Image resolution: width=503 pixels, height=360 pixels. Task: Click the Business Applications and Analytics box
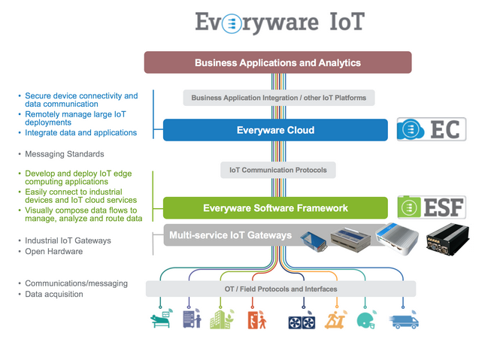277,62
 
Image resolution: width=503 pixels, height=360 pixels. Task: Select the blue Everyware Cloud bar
275,130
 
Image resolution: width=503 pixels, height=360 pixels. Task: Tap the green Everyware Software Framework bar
275,208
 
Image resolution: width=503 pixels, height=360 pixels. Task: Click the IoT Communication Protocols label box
278,170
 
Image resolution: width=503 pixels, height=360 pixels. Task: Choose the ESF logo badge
432,207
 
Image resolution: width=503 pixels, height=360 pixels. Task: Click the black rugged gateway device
447,240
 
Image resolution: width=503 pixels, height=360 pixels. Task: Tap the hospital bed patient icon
162,319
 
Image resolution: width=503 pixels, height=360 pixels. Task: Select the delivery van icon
404,320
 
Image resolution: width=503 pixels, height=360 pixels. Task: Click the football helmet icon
367,319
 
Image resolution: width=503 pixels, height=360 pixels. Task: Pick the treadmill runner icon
335,319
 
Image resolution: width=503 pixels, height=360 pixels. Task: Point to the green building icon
222,319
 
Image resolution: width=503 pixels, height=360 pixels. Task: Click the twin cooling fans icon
301,321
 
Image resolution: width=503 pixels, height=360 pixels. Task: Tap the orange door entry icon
256,319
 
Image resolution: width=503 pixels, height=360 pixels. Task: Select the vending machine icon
192,319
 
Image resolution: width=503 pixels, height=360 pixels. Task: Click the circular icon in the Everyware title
232,23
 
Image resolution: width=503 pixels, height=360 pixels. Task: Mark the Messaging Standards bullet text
65,154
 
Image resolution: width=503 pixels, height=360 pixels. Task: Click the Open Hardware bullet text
54,251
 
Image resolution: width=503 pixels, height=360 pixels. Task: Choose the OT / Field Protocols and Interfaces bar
280,289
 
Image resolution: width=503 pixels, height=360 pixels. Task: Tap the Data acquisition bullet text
54,295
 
